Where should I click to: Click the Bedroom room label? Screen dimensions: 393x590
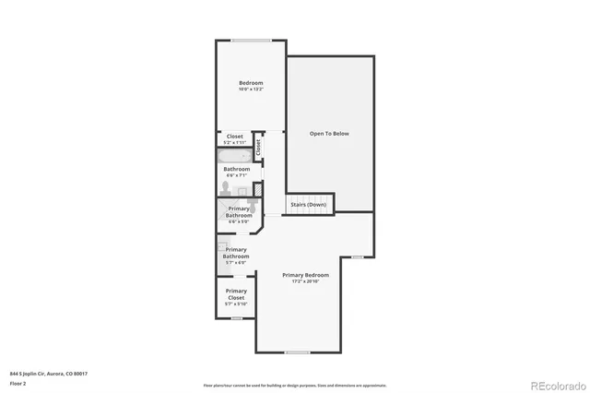point(251,83)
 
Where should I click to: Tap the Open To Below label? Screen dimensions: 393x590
point(329,134)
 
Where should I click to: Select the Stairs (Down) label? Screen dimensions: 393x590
point(308,204)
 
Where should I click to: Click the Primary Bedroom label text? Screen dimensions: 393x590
point(305,275)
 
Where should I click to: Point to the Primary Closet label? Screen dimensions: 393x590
point(236,294)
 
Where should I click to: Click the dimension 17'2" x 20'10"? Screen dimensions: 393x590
point(305,282)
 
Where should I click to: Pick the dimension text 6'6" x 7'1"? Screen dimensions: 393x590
point(236,175)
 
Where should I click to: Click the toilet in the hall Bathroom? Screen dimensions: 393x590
point(225,188)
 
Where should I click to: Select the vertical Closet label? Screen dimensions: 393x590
point(259,145)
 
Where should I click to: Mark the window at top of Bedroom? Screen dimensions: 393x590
point(250,40)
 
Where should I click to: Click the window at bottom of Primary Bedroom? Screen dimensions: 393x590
point(297,352)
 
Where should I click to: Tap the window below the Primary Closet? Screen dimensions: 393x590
point(236,319)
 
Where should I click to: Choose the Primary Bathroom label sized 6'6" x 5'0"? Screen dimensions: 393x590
point(239,215)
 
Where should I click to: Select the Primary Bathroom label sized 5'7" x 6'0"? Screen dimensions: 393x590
point(236,256)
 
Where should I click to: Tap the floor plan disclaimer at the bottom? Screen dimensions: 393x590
point(295,385)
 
